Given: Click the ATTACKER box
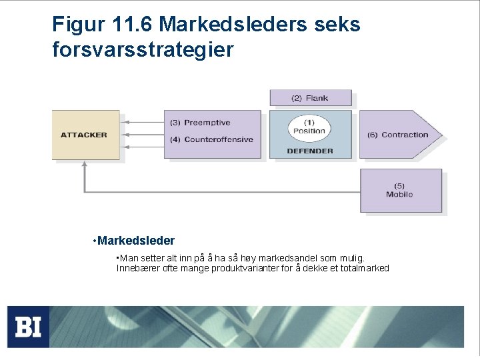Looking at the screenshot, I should click(x=85, y=135).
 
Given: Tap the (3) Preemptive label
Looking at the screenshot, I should click(x=207, y=123).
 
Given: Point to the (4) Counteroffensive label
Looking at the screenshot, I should click(x=211, y=139).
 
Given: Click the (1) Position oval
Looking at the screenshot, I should click(x=309, y=127).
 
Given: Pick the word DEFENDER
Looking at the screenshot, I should click(x=309, y=151).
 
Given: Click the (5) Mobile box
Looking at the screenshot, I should click(x=400, y=190).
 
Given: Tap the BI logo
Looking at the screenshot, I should click(x=28, y=327).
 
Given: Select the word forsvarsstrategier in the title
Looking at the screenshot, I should click(x=143, y=49).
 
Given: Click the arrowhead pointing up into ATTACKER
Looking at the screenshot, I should click(x=85, y=166).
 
